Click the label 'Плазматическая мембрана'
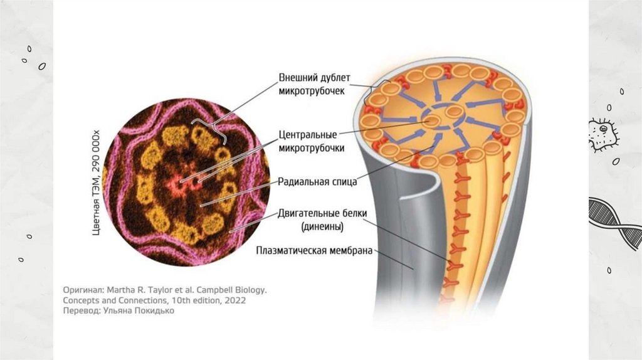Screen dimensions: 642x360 click(315, 251)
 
